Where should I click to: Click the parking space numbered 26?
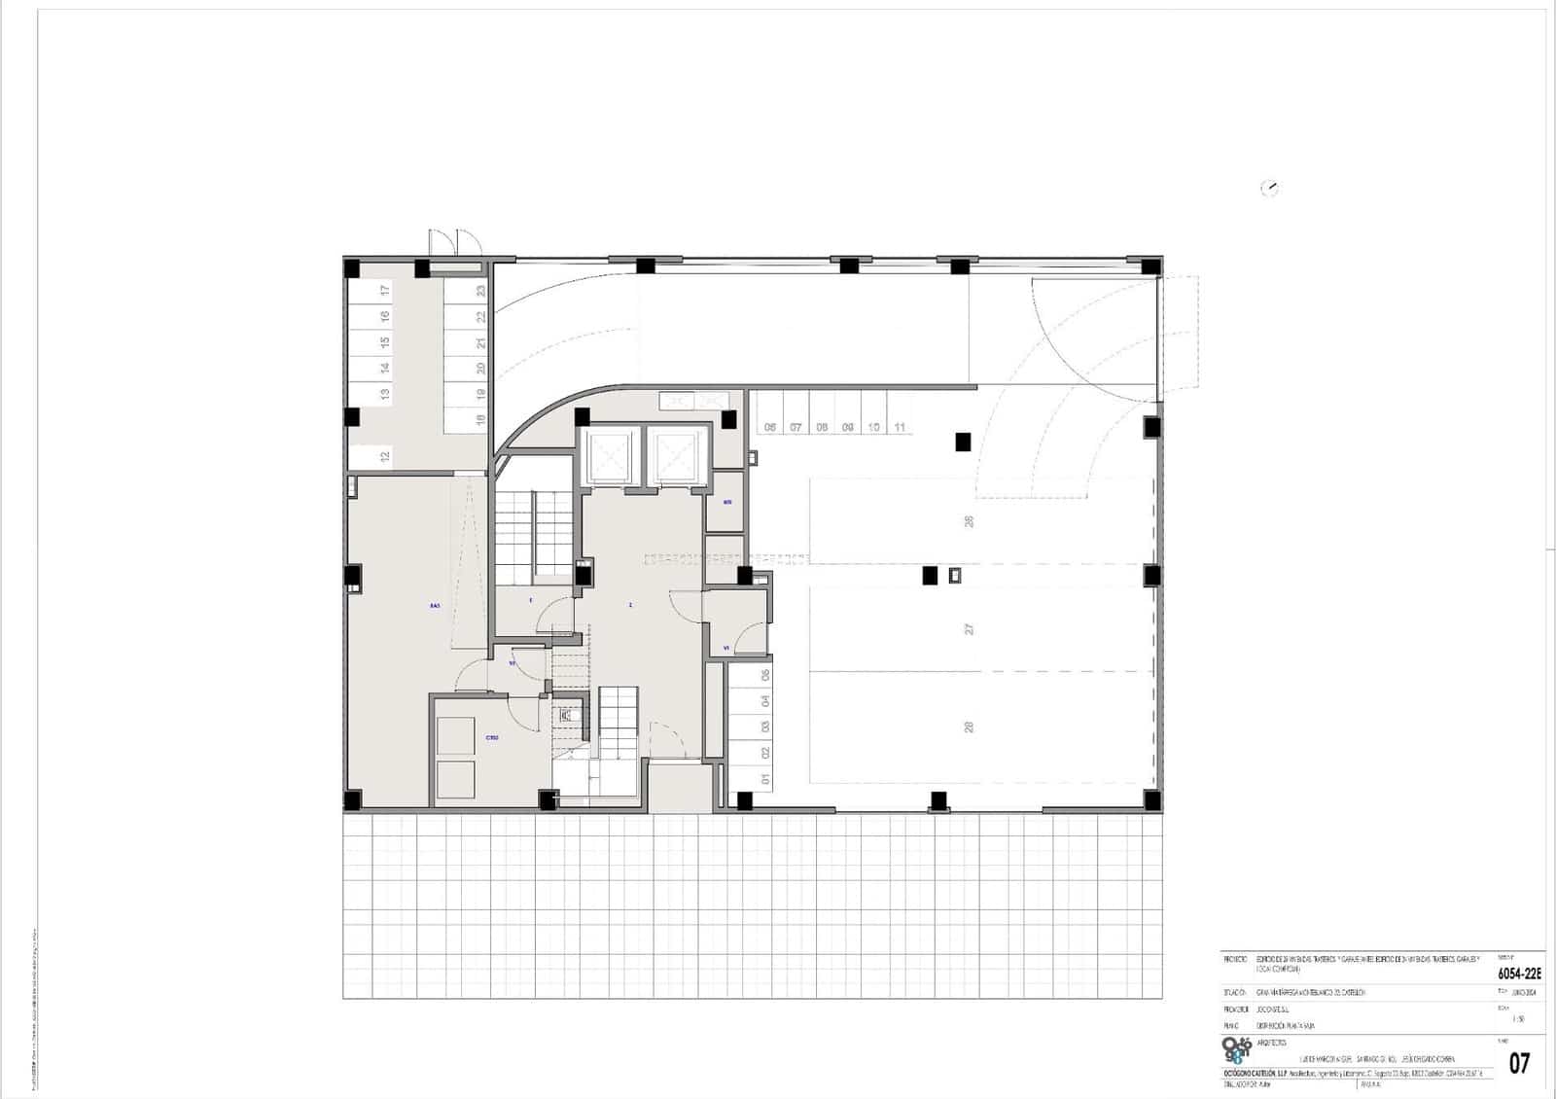coord(969,521)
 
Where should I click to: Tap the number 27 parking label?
coord(969,629)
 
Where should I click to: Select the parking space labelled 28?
coord(969,727)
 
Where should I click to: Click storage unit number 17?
coord(385,290)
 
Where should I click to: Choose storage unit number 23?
coord(480,290)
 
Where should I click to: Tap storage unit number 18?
coord(480,420)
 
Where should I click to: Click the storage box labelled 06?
coord(770,427)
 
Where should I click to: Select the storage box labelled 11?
coord(900,427)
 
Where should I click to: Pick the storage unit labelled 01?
coord(765,779)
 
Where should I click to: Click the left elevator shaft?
coord(613,454)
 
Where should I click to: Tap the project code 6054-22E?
coord(1518,973)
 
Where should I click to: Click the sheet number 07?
coord(1518,1063)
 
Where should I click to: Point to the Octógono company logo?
coord(1237,1050)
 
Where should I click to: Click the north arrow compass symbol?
coord(1269,189)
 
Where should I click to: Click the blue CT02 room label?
coord(492,738)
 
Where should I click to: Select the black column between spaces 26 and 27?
coord(930,576)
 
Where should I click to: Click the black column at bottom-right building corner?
coord(1151,801)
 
